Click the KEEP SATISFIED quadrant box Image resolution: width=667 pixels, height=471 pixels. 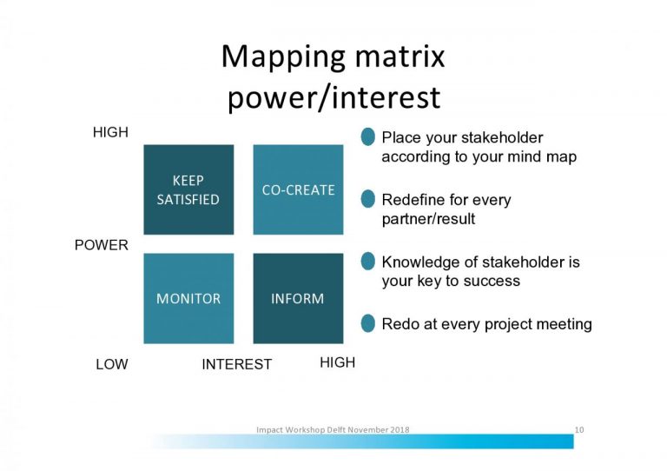pos(188,189)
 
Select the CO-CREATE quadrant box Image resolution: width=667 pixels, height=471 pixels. pos(298,189)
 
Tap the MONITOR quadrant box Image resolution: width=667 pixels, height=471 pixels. pos(188,298)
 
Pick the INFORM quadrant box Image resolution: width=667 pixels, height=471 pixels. pos(298,298)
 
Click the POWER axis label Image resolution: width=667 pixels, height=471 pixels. pos(101,245)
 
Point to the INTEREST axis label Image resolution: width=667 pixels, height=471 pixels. pos(236,364)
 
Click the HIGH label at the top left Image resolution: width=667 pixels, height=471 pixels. pos(110,133)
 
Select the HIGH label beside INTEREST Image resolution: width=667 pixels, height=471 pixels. pos(337,362)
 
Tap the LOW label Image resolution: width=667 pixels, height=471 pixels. pos(111,364)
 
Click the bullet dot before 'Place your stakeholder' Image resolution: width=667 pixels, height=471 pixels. pos(368,136)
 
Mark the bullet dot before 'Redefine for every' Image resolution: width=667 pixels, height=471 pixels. pos(368,199)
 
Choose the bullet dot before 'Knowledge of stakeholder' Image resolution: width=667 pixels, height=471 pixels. pos(368,262)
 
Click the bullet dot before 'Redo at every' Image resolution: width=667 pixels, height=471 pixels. pos(368,323)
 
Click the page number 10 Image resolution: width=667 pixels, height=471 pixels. pos(579,429)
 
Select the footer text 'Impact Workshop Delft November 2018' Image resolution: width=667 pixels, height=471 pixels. pos(333,429)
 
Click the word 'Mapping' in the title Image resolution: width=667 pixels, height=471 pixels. pos(279,57)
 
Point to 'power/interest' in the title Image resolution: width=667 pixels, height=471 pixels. pos(333,97)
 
